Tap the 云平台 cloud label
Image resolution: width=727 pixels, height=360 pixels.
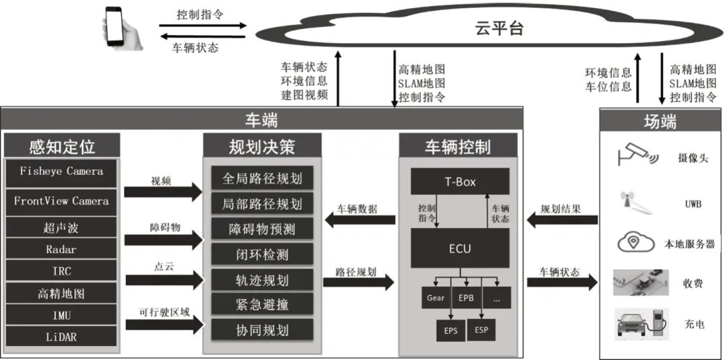[499, 28]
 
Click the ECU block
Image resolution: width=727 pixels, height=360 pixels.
[460, 248]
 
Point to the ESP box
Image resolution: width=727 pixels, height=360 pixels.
[481, 330]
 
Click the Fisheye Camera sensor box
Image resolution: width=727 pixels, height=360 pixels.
[61, 172]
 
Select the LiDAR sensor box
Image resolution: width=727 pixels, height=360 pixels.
[61, 337]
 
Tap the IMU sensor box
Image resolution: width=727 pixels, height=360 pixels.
[61, 315]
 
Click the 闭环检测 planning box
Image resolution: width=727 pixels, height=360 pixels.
[261, 254]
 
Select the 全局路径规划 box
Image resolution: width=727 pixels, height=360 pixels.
[261, 178]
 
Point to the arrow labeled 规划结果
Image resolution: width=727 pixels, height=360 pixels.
[562, 220]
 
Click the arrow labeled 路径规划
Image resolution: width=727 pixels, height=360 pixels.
[358, 282]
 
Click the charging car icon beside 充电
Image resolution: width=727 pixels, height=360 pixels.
[639, 323]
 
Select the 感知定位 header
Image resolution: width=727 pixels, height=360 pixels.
[62, 146]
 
